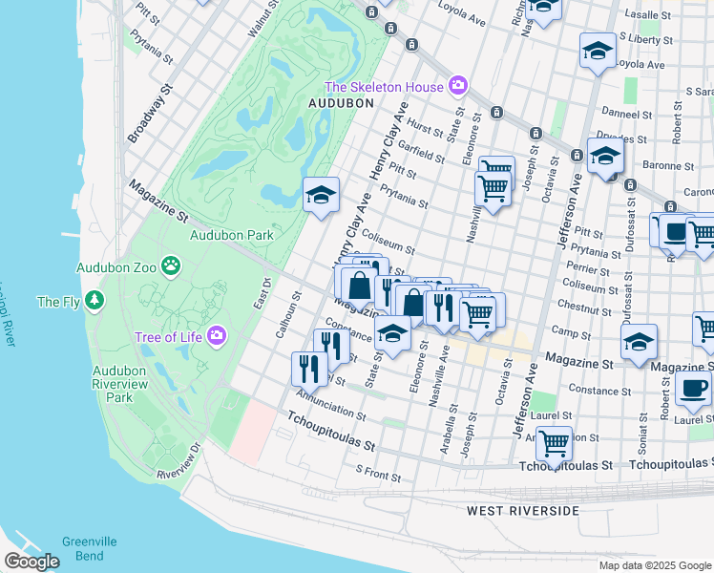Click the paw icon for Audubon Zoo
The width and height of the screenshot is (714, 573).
[x=171, y=265]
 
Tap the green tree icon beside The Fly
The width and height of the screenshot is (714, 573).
[x=94, y=302]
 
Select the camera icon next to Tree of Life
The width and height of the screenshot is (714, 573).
[x=217, y=335]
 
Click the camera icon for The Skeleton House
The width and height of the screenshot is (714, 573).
[x=458, y=87]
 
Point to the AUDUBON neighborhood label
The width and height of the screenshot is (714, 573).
[x=340, y=102]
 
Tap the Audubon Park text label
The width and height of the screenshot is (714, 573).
[x=231, y=235]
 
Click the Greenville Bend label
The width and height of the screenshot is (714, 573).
[x=90, y=548]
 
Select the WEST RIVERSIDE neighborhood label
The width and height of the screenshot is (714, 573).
[x=522, y=511]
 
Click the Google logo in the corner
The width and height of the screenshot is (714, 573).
[x=31, y=561]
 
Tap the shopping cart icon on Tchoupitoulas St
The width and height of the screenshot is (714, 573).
[x=554, y=444]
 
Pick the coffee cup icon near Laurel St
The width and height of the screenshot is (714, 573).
[x=693, y=389]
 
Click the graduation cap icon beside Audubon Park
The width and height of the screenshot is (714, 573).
[x=322, y=196]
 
